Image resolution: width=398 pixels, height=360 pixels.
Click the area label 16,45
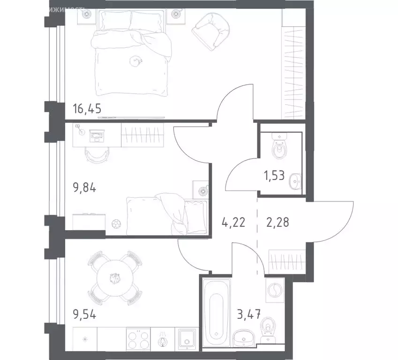click(x=87, y=110)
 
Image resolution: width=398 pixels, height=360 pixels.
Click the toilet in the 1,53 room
click(x=280, y=147)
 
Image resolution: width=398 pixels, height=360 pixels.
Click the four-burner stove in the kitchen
click(x=138, y=338)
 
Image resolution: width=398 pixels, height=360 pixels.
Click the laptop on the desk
click(x=98, y=136)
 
